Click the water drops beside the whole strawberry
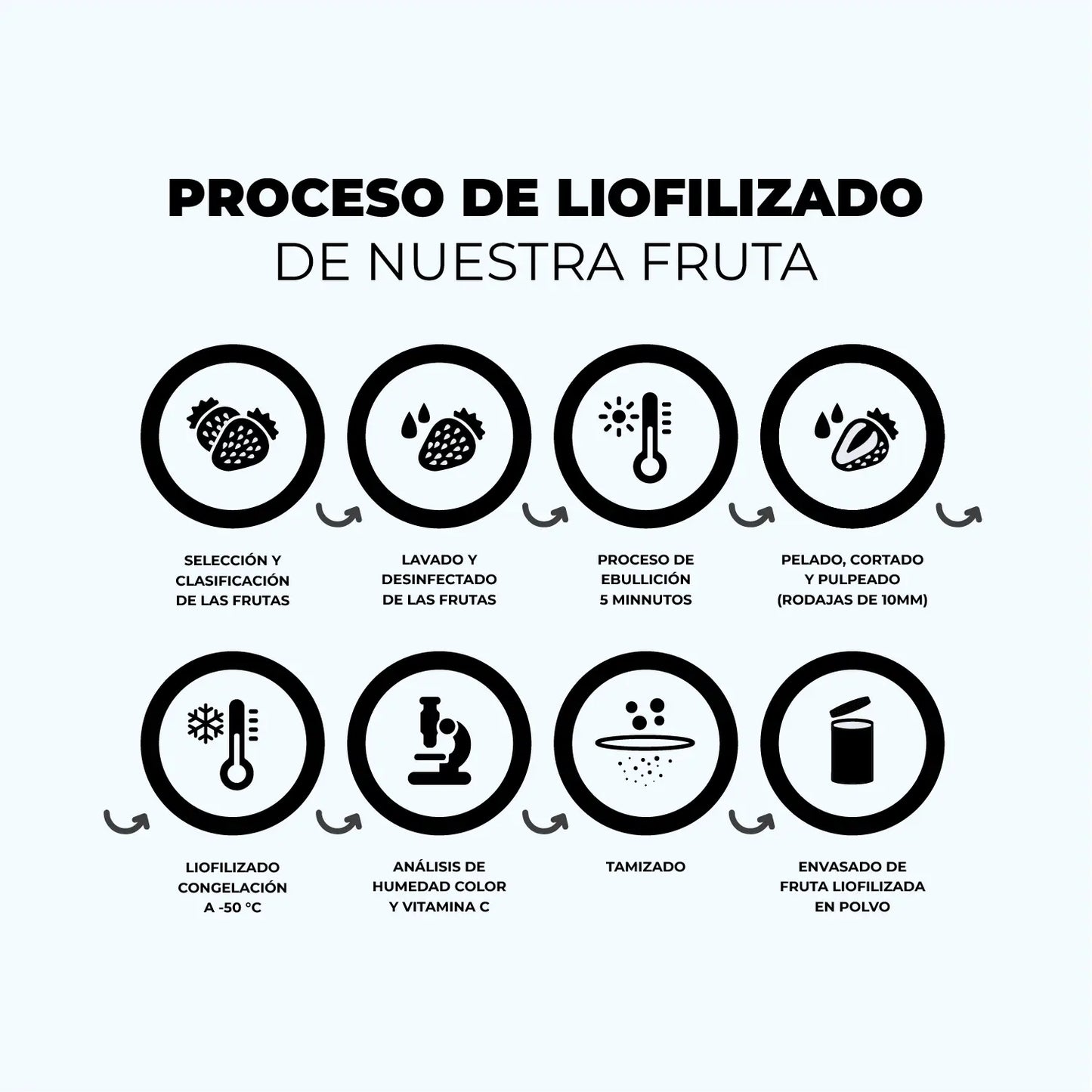[415, 421]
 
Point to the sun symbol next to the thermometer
[617, 416]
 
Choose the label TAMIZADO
[645, 867]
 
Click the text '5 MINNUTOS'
[645, 600]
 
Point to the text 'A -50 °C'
[233, 908]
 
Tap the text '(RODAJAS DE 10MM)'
[852, 600]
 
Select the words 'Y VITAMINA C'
[439, 907]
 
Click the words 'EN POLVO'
[852, 907]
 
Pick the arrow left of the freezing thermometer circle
[126, 821]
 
